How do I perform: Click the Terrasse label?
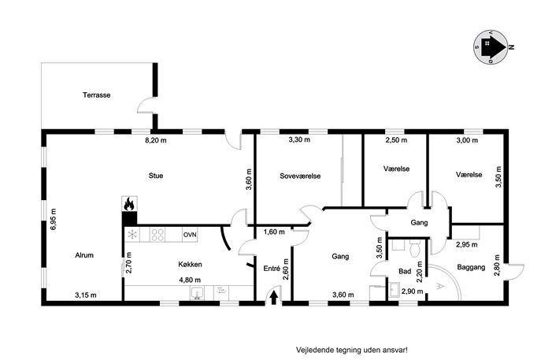point(97,95)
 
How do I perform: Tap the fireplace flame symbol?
point(129,204)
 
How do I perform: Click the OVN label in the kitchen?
point(190,235)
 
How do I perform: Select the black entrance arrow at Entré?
point(274,298)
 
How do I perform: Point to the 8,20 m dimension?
point(156,140)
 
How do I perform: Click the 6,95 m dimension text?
point(53,219)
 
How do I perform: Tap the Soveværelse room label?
point(300,176)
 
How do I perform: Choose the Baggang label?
point(471,267)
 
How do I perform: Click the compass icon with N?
point(491,47)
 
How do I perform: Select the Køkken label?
point(190,265)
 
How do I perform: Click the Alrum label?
point(84,255)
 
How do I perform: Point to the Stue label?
point(156,176)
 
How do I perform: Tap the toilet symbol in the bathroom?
point(414,248)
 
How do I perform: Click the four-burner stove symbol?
point(157,235)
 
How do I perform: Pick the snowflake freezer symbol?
point(132,235)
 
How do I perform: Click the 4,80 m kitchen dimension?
point(190,280)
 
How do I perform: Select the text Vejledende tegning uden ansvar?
point(352,350)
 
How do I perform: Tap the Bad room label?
point(405,271)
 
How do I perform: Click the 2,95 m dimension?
point(467,245)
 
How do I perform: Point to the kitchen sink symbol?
point(197,293)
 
